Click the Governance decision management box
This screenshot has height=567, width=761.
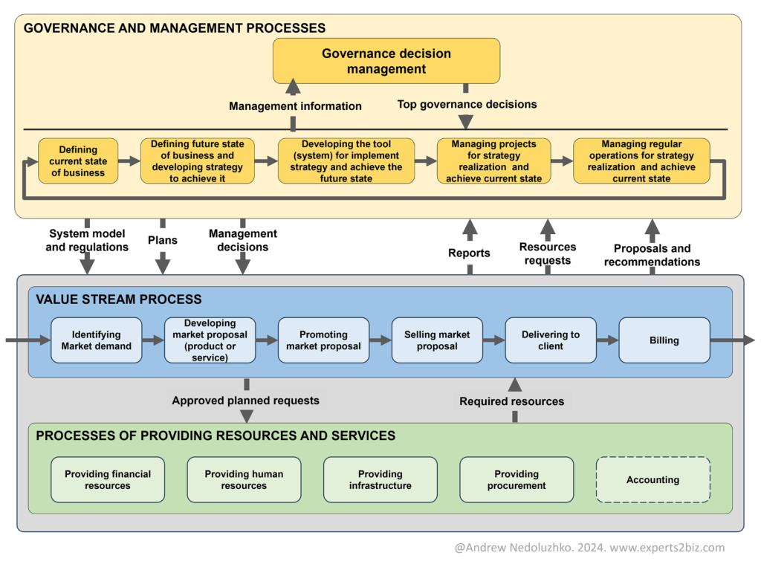point(386,61)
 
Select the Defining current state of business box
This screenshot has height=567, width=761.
point(78,161)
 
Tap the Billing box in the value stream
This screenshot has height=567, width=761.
point(664,340)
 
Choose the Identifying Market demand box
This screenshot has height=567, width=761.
point(96,340)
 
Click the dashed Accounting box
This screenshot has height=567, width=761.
point(652,480)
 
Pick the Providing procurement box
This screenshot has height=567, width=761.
point(516,480)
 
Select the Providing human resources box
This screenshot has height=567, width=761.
point(244,480)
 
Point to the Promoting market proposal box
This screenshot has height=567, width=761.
point(323,340)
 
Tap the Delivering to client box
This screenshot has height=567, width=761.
point(550,340)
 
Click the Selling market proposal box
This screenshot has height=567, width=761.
point(437,340)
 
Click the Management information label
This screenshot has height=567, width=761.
point(295,106)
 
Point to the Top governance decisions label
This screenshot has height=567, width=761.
point(467,104)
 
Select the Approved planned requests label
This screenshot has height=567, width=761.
point(245,401)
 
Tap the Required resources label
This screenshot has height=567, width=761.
point(511,401)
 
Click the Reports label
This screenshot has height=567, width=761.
point(469,253)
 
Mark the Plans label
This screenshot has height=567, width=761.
point(162,240)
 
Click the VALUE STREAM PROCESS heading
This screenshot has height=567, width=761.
point(119,299)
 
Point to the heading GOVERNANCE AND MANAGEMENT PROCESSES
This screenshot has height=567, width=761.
point(175,28)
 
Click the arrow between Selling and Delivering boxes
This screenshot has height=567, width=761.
point(493,340)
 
